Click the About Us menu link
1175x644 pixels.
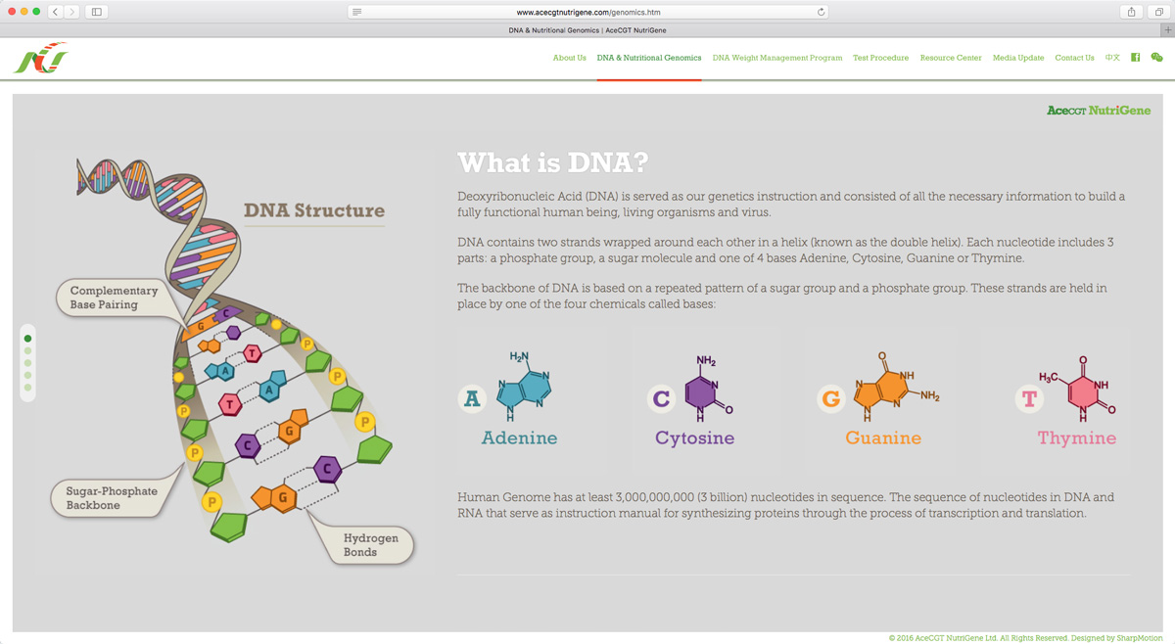[569, 58]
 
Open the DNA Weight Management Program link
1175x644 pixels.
[776, 58]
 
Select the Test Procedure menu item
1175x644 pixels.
[880, 58]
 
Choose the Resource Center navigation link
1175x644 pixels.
[950, 58]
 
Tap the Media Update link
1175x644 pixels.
[1017, 58]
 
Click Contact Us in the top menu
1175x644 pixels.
[1074, 58]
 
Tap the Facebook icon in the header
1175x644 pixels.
[1135, 58]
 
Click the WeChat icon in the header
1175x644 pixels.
[1156, 58]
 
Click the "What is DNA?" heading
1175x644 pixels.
[553, 162]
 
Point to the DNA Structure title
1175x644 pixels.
[313, 210]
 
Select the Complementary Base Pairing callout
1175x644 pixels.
[114, 298]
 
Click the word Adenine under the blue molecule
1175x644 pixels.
[519, 437]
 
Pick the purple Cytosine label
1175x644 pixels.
[694, 437]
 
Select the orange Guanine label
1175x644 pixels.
[883, 437]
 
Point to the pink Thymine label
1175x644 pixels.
[1076, 437]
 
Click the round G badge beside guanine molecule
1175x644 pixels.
[831, 398]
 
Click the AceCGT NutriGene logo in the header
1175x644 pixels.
[41, 59]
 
